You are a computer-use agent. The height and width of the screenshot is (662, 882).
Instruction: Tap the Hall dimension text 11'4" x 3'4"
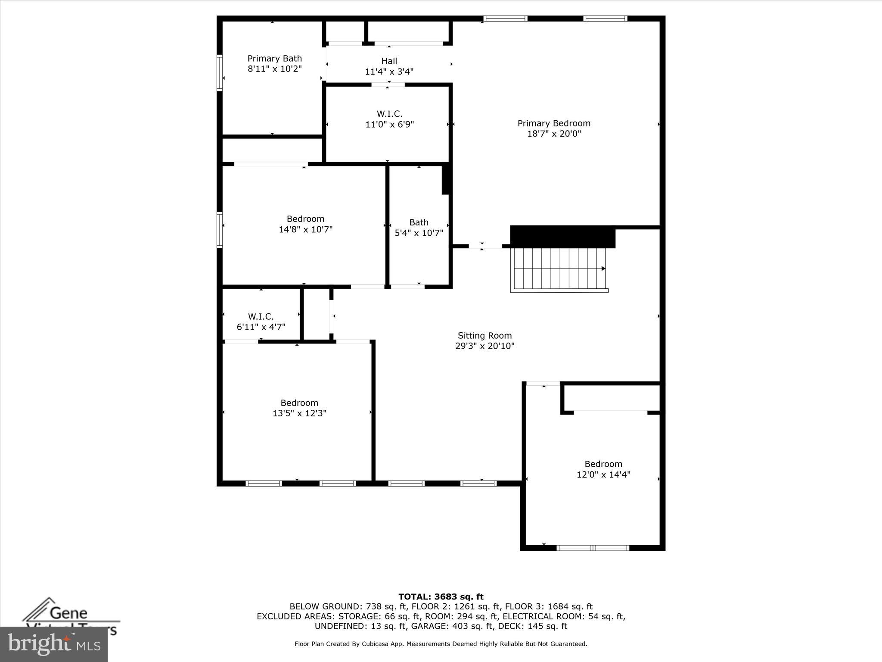[389, 72]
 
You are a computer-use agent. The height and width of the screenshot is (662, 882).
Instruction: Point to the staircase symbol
[559, 269]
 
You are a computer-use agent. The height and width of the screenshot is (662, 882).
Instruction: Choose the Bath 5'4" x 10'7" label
[419, 228]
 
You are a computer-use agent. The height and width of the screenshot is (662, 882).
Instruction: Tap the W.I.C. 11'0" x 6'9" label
[389, 119]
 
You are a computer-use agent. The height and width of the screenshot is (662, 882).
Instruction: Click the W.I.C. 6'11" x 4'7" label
[261, 322]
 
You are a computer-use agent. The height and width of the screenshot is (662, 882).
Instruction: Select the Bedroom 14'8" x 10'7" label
[305, 224]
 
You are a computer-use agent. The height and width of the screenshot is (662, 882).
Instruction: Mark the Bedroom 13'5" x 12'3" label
[299, 408]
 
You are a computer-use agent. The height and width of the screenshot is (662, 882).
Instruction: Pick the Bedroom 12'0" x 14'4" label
[603, 469]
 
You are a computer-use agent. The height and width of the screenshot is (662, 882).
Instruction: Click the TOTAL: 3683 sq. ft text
[441, 597]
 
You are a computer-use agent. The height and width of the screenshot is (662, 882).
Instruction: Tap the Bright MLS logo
[54, 644]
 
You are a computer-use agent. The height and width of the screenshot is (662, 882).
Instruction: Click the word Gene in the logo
[69, 613]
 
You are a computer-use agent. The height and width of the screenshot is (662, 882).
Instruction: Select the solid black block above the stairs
[562, 237]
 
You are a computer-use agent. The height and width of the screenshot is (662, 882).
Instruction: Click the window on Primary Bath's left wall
[220, 73]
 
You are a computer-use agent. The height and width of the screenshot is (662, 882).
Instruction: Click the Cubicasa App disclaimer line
[441, 644]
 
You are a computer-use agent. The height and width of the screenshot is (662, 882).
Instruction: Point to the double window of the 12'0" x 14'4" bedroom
[593, 548]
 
